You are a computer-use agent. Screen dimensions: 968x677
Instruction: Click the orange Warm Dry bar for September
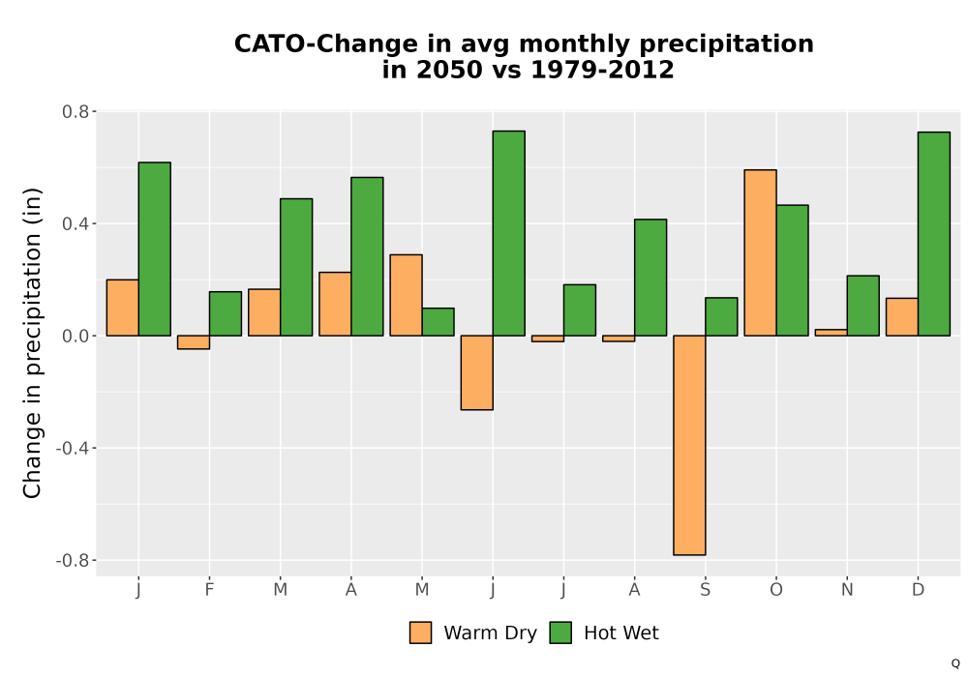(689, 445)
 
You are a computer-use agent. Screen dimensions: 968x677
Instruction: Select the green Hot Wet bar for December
(934, 234)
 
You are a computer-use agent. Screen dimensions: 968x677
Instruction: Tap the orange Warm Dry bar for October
(761, 252)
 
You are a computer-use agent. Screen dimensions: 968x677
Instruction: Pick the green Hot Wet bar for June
(509, 233)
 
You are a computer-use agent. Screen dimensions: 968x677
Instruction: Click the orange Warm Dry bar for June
(476, 372)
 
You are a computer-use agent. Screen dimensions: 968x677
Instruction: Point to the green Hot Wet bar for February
(226, 313)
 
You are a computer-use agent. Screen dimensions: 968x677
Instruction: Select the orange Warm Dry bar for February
(194, 342)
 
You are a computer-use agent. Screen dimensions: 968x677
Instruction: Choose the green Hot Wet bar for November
(863, 306)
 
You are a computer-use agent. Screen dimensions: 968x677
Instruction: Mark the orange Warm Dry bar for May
(407, 295)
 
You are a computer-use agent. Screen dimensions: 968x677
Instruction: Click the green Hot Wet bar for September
(722, 317)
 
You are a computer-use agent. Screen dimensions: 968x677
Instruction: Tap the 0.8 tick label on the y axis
(76, 111)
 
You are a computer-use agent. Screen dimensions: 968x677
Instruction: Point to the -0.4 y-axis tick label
(73, 448)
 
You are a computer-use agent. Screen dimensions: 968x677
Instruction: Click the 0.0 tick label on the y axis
(76, 336)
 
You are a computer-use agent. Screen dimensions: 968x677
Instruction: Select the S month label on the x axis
(705, 590)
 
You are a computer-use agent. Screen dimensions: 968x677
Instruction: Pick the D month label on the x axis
(918, 590)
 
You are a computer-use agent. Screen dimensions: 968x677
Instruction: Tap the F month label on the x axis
(209, 590)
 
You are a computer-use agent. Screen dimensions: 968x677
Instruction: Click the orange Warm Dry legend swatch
(420, 633)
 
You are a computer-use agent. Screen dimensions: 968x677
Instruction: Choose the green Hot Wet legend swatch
(560, 633)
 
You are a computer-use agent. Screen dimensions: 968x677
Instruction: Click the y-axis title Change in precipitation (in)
(32, 342)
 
